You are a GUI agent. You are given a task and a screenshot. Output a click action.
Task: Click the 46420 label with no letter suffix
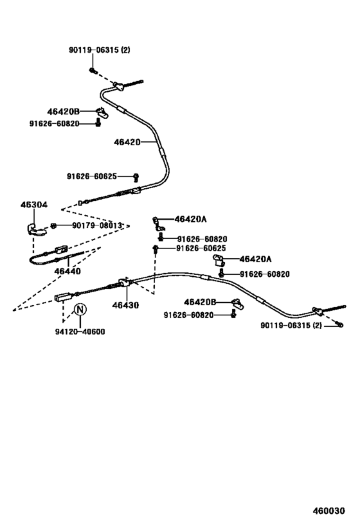click(127, 142)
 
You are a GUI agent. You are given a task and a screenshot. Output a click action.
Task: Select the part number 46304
click(34, 205)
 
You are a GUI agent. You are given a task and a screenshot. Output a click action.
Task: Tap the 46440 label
click(67, 271)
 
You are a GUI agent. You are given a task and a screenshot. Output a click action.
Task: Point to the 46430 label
click(125, 305)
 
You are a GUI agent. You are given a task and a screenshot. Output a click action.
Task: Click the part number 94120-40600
click(80, 331)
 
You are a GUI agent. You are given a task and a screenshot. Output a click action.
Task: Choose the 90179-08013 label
click(97, 225)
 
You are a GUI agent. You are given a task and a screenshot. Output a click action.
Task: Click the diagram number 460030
click(328, 511)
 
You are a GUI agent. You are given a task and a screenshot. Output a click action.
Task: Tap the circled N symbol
click(80, 309)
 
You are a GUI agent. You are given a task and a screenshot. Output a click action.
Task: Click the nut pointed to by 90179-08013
click(53, 225)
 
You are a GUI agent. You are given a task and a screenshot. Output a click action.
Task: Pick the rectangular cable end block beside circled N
click(62, 297)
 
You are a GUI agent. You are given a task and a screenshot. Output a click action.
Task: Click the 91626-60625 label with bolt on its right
click(92, 176)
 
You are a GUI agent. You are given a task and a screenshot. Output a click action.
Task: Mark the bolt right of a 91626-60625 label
click(136, 177)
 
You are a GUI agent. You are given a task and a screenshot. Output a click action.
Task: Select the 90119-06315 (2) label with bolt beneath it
click(100, 50)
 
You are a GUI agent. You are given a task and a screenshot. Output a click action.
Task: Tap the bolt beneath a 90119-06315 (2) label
click(93, 71)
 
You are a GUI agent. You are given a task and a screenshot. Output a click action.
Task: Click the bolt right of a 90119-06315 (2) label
click(340, 324)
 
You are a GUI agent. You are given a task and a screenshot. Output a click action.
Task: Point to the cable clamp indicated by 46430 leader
click(123, 283)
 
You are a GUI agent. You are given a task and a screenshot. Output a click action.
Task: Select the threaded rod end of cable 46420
click(134, 83)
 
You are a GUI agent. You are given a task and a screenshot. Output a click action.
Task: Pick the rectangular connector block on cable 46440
click(62, 249)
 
